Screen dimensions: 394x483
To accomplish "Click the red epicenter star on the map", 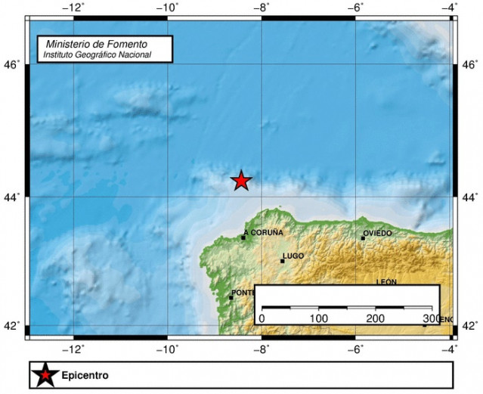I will [241, 180].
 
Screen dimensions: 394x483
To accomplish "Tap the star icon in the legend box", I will [46, 374].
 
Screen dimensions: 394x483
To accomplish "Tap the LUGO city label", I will [293, 256].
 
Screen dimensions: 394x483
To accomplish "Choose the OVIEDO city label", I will [377, 233].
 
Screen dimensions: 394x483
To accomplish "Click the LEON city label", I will [386, 282].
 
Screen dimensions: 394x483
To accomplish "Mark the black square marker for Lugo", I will [282, 261].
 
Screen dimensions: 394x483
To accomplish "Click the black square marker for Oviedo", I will [363, 237].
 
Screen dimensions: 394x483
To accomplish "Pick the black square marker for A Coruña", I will [243, 237].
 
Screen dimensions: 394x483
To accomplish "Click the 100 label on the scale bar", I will [319, 318].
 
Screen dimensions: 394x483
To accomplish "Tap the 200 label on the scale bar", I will [376, 318].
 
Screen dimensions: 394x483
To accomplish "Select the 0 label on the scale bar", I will [262, 318].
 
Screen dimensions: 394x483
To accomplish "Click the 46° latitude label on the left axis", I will [12, 65].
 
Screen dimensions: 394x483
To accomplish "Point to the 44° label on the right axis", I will [469, 197].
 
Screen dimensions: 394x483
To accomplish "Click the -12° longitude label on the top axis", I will [73, 8].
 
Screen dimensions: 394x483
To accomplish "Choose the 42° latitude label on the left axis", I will [12, 327].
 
